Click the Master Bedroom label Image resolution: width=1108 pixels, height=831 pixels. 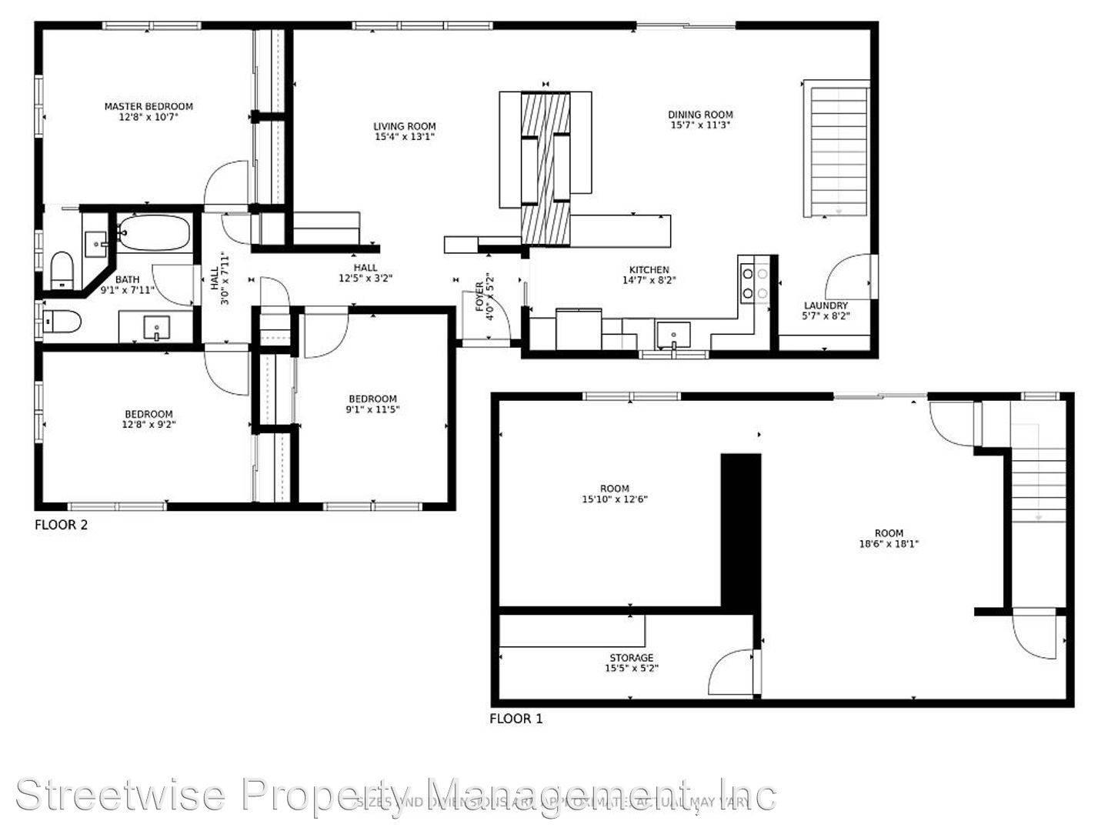(x=149, y=106)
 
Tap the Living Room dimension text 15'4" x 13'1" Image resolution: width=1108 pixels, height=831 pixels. (x=405, y=138)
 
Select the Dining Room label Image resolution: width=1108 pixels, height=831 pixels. (x=700, y=115)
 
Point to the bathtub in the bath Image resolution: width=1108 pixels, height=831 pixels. (x=154, y=232)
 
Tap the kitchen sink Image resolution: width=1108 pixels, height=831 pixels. (x=673, y=335)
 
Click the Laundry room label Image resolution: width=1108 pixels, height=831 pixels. (x=826, y=305)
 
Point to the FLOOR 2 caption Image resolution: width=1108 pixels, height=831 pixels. (x=62, y=525)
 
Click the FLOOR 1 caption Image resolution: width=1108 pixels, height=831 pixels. (x=516, y=719)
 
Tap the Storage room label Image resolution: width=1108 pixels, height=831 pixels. (x=631, y=658)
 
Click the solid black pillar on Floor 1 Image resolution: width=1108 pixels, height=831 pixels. (x=740, y=531)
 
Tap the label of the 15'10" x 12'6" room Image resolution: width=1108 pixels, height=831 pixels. (x=614, y=489)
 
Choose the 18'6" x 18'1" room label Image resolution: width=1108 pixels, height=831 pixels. (x=889, y=533)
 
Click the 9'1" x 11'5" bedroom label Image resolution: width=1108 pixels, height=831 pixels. (x=372, y=399)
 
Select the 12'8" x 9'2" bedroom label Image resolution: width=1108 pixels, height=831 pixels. (x=149, y=414)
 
